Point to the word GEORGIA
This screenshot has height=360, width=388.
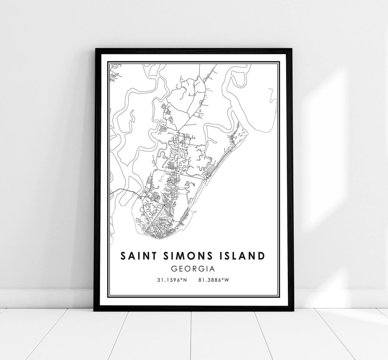193,269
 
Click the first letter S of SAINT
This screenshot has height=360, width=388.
123,256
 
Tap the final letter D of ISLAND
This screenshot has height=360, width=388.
262,256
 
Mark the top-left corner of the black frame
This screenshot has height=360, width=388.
95,49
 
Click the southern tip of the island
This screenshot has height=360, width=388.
151,238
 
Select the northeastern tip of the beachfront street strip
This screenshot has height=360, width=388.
244,131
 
